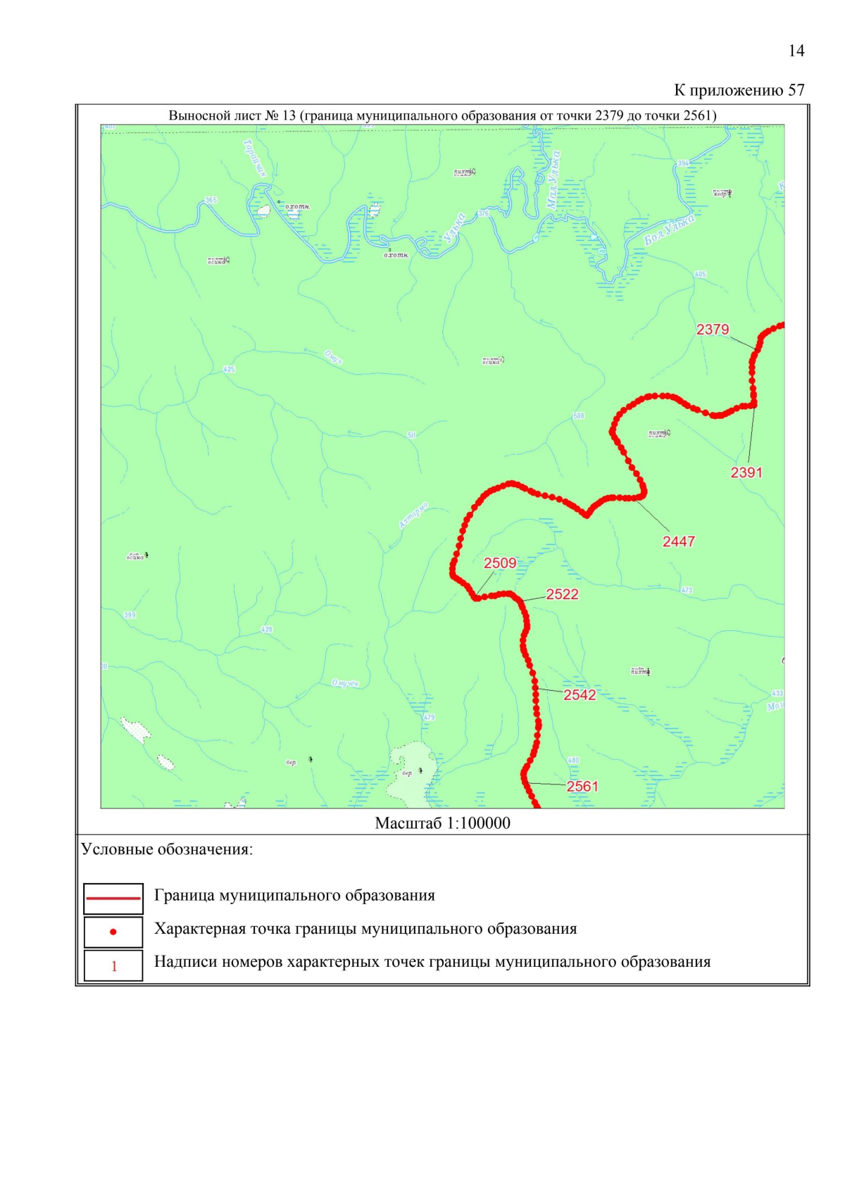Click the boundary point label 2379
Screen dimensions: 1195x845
[713, 330]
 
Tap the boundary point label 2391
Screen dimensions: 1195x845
[746, 473]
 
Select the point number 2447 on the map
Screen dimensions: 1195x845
[679, 542]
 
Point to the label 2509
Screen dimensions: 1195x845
[500, 563]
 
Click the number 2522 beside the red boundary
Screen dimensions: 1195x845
[562, 594]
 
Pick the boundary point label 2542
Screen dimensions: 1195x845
[580, 695]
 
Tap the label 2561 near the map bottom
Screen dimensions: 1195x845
[582, 787]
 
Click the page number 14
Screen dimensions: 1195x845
[796, 51]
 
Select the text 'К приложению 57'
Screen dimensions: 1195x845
[739, 90]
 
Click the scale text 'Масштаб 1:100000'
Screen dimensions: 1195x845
[442, 823]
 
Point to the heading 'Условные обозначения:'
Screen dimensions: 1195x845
[167, 849]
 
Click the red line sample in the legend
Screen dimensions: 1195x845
[113, 899]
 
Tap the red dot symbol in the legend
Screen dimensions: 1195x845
[113, 932]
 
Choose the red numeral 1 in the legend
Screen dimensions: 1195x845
[114, 966]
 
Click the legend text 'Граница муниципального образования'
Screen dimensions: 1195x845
[294, 896]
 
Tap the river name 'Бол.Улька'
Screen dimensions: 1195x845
[669, 230]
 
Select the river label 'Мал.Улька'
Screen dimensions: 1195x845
[553, 180]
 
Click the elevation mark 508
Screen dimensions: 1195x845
[578, 416]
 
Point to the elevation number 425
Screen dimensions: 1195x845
[229, 370]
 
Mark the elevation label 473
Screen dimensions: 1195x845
[687, 590]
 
